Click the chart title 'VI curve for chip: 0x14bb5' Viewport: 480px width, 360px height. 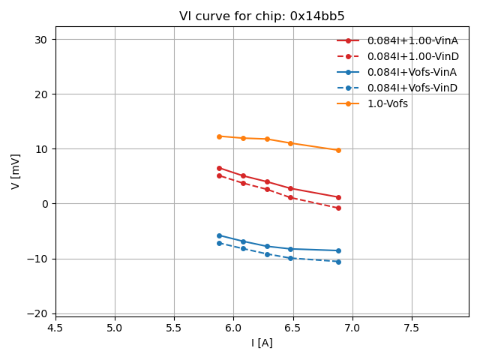tap(262, 16)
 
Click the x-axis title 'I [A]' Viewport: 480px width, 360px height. tap(262, 343)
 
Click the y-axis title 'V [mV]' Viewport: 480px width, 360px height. tap(16, 171)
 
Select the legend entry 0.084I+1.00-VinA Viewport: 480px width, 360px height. tap(412, 40)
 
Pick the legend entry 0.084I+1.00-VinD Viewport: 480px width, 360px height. tap(412, 56)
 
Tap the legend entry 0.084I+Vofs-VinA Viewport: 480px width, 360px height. tap(412, 72)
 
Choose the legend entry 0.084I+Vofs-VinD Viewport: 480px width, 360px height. tap(412, 88)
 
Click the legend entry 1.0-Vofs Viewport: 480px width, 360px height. tap(387, 103)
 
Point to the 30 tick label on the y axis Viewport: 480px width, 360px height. tap(40, 39)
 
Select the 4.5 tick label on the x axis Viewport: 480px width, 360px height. tap(55, 328)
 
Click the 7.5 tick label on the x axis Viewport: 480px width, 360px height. tap(411, 328)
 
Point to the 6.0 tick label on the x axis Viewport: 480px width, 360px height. tap(233, 328)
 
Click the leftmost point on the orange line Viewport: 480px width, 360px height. tap(219, 136)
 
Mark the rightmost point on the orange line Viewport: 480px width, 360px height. tap(338, 150)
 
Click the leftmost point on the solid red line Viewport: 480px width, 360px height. tap(219, 168)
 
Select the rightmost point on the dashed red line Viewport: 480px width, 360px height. tap(338, 208)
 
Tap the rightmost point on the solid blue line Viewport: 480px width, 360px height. tap(338, 250)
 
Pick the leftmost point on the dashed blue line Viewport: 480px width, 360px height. tap(219, 243)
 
